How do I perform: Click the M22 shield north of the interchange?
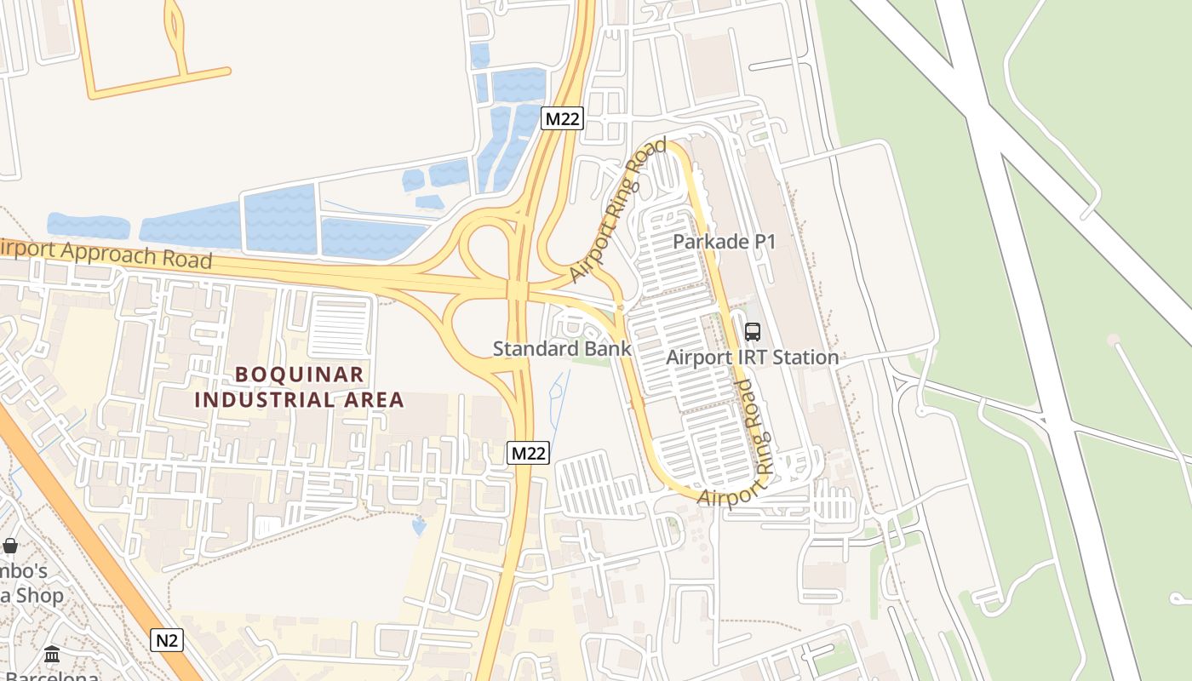click(x=562, y=119)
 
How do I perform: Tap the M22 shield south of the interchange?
click(x=528, y=453)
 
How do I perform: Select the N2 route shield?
click(x=167, y=640)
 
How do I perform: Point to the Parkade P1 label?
click(x=725, y=242)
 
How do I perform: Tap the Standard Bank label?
click(x=562, y=348)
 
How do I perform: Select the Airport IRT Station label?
click(x=753, y=358)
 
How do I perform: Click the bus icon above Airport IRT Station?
click(x=753, y=332)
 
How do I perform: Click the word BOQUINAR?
click(x=300, y=375)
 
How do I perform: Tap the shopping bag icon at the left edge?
click(x=10, y=546)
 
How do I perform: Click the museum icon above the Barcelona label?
click(x=52, y=655)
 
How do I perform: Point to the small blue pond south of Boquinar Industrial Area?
click(x=419, y=527)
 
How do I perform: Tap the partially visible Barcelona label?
click(x=51, y=675)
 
